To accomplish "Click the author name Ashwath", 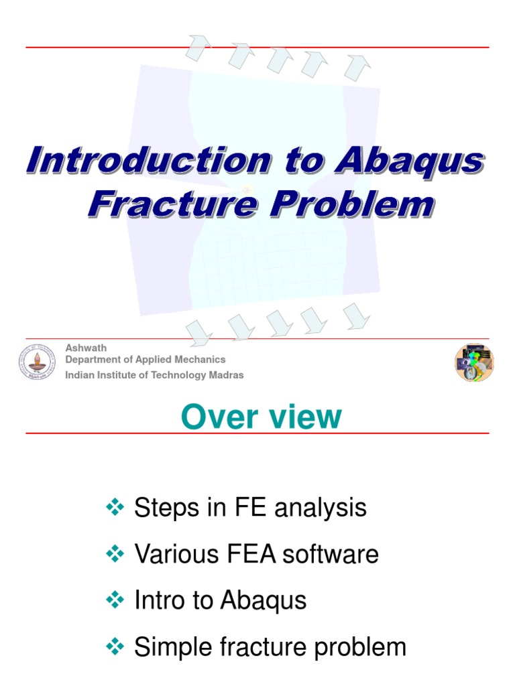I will (86, 348).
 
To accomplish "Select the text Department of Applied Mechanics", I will (145, 360).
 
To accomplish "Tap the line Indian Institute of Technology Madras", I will (154, 375).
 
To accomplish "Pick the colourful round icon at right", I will (474, 362).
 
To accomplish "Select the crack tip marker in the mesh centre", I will (246, 190).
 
